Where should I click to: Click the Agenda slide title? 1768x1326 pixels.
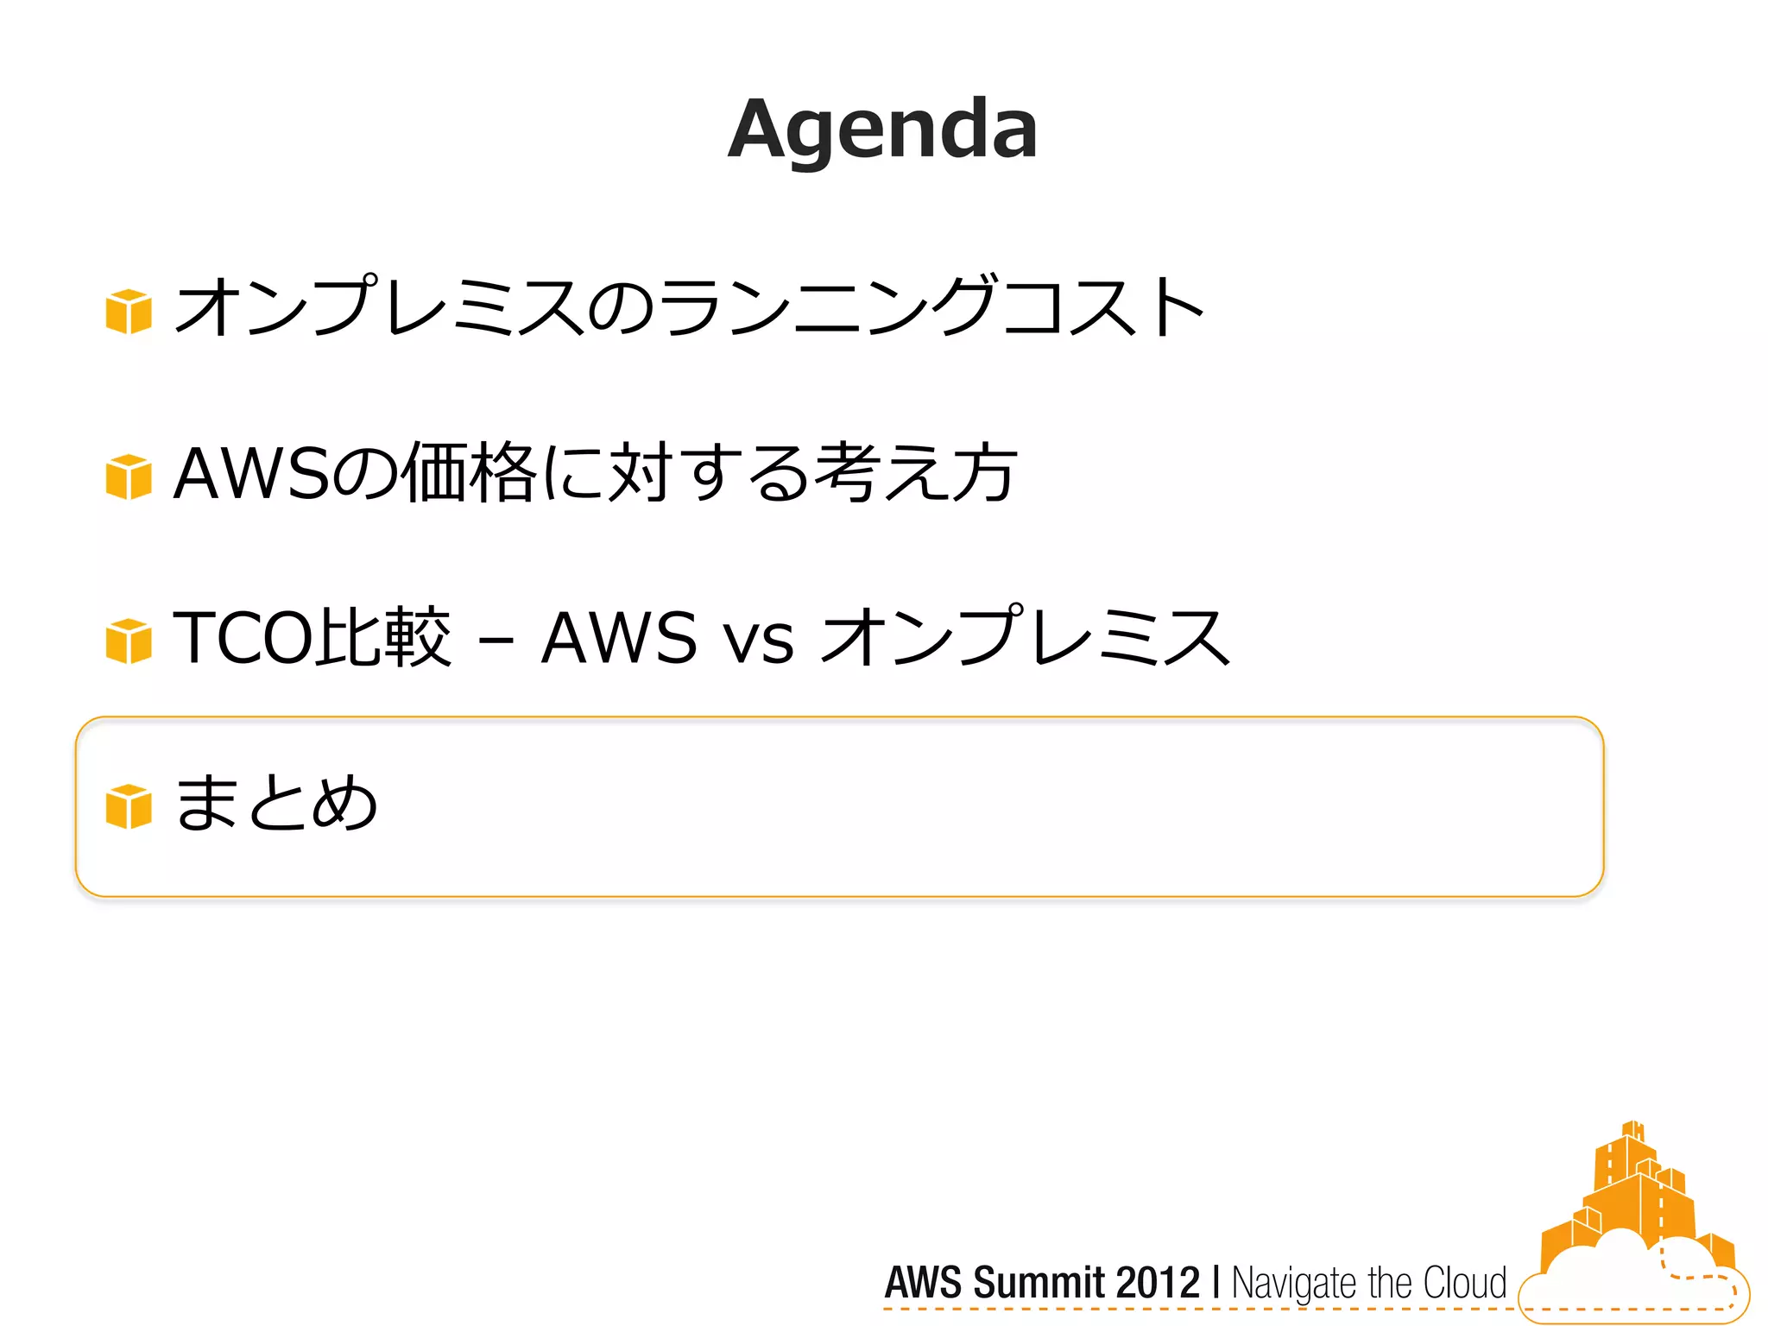[882, 129]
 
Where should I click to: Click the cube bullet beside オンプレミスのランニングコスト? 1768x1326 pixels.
[129, 311]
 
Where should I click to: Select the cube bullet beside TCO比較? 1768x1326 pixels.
[129, 641]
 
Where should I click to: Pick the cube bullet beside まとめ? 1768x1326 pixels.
[129, 806]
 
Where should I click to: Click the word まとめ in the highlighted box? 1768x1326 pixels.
[276, 803]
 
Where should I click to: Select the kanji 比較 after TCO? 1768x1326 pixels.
[382, 639]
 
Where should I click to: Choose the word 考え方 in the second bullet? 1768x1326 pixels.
[917, 473]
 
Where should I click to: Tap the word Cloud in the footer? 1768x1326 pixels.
[1464, 1283]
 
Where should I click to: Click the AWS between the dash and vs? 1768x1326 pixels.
[619, 639]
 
